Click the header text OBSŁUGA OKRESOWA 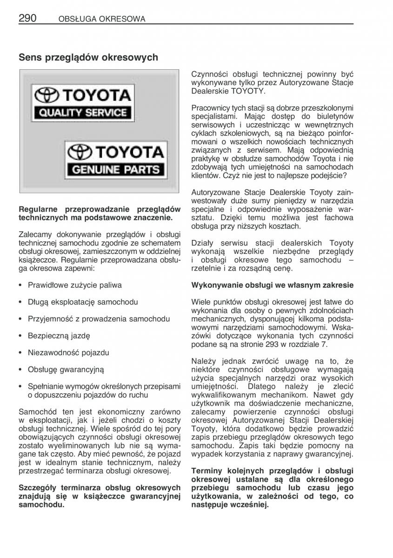[x=102, y=19]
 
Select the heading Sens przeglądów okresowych [x=88, y=58]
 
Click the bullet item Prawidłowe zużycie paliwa [x=74, y=285]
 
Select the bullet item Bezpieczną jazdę [x=59, y=336]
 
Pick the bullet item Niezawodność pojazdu [x=68, y=352]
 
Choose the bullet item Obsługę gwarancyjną [x=66, y=369]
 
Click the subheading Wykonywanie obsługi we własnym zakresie [x=272, y=285]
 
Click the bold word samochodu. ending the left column [x=42, y=504]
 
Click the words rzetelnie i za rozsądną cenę [x=242, y=268]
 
